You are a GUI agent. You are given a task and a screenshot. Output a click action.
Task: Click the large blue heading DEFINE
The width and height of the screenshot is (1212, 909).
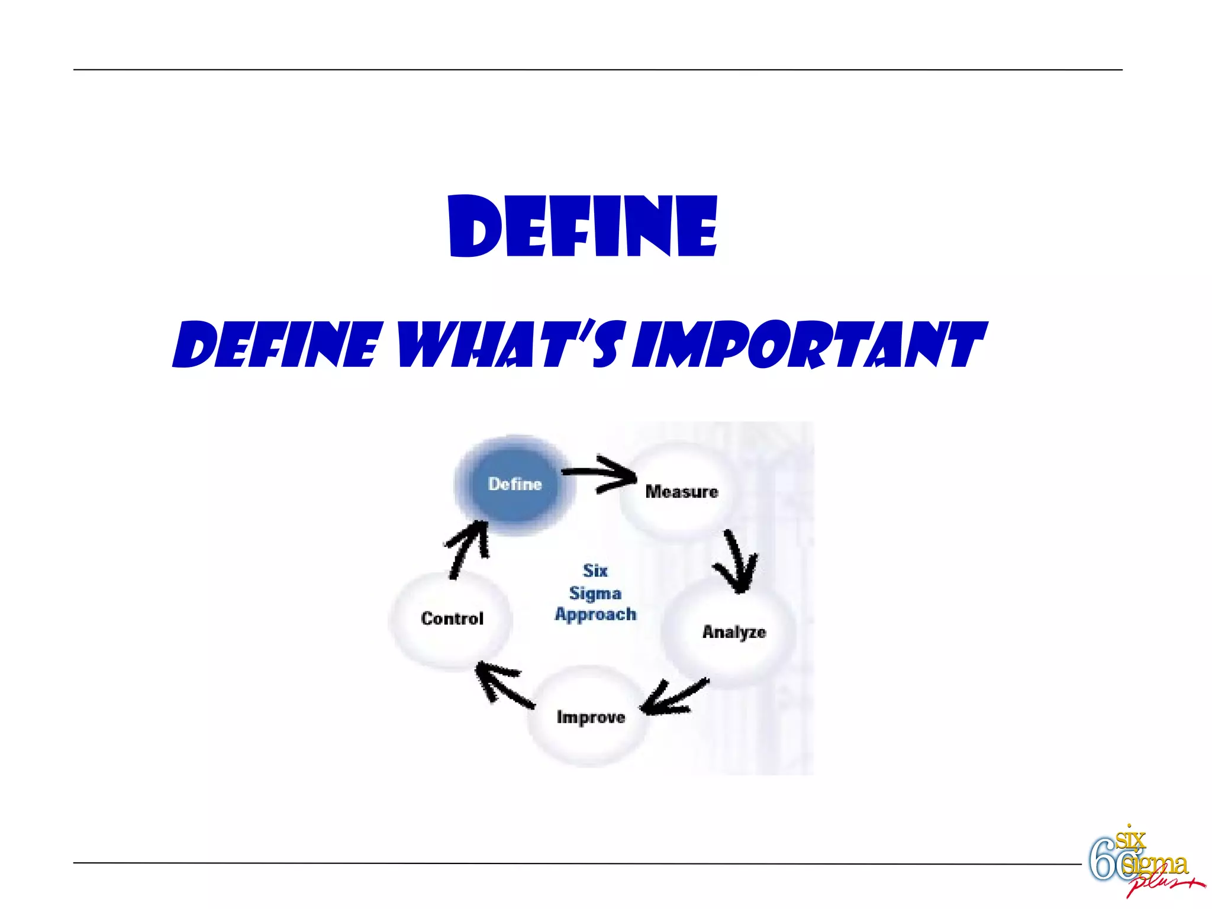[x=583, y=227]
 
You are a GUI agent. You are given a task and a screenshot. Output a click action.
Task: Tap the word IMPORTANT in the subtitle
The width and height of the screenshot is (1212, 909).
[x=808, y=344]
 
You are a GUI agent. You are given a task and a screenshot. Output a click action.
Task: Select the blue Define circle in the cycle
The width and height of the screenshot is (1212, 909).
[x=514, y=485]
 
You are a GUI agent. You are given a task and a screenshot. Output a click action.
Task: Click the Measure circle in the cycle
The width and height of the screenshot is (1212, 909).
[x=681, y=492]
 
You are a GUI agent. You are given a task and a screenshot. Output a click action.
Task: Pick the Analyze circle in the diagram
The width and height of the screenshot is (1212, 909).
[x=733, y=632]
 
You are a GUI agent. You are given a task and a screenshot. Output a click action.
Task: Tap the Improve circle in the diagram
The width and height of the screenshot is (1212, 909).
[x=590, y=717]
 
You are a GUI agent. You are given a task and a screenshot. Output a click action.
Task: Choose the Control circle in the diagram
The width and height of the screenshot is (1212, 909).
[x=452, y=618]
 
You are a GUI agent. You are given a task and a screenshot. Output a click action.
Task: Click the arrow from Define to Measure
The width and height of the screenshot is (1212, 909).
[x=599, y=473]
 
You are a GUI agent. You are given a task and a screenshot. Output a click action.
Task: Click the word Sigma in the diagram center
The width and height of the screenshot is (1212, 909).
[x=595, y=593]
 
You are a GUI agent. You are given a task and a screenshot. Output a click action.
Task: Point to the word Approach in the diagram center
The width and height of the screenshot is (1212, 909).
[x=595, y=614]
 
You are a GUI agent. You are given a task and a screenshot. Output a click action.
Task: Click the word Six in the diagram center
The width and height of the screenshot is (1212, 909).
[x=595, y=570]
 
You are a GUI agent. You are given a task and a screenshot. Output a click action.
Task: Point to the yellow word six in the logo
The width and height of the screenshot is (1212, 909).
[x=1130, y=839]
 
